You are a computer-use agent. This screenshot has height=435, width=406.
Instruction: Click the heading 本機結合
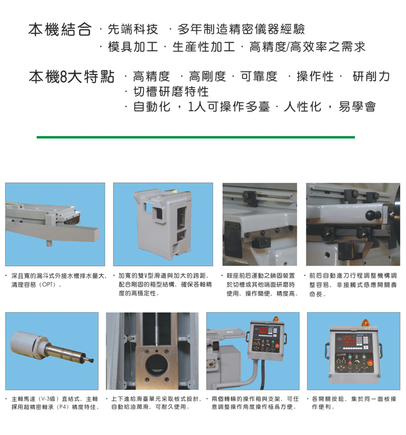pos(60,29)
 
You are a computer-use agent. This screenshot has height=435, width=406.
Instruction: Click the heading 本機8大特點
pos(72,77)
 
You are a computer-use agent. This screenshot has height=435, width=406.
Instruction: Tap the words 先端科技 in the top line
pos(133,29)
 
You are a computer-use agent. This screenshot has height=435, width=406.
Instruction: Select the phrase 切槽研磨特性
pos(171,92)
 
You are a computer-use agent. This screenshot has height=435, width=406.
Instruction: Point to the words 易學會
pos(357,107)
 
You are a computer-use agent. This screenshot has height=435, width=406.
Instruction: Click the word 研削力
pos(372,76)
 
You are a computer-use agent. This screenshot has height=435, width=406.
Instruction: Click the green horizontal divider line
pos(196,137)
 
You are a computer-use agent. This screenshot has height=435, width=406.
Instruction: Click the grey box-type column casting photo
pos(163,223)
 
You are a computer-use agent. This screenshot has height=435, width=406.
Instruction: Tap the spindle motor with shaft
pos(51,347)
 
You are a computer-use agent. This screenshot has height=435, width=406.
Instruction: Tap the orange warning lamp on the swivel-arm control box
pos(275,319)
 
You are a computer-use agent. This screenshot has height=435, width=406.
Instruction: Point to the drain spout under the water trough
pos(49,243)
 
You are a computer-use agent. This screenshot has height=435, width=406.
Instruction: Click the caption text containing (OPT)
pos(59,280)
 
